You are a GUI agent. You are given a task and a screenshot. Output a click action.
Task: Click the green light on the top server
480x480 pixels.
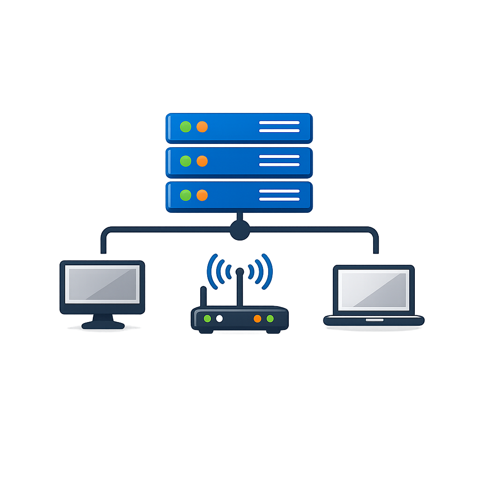(186, 127)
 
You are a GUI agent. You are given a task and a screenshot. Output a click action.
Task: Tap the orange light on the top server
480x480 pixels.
(202, 127)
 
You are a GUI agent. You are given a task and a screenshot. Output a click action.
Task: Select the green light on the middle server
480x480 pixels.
(186, 161)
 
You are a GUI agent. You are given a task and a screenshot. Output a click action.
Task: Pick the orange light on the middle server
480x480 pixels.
(202, 161)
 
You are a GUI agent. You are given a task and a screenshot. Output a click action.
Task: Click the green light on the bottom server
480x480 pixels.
(186, 195)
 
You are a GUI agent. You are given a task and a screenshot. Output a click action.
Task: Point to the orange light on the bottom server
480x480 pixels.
(202, 195)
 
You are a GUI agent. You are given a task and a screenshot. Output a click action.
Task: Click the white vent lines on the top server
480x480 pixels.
(279, 127)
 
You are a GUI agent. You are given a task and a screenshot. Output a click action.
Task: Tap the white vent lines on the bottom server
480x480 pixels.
(279, 195)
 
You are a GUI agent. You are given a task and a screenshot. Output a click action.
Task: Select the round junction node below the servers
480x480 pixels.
(240, 230)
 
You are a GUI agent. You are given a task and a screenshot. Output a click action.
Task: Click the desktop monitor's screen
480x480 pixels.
(102, 284)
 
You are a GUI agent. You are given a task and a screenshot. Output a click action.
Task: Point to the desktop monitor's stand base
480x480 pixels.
(103, 325)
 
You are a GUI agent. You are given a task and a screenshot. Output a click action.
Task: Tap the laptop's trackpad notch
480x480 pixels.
(374, 320)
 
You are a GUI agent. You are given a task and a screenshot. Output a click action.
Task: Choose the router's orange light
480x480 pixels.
(257, 319)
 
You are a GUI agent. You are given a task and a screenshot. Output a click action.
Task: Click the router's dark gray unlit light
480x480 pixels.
(219, 319)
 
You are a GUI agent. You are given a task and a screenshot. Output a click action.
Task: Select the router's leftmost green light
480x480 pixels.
(207, 319)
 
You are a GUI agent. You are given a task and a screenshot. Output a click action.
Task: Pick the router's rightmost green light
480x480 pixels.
(270, 319)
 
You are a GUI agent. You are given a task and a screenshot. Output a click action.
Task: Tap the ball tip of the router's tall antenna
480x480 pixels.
(240, 271)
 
